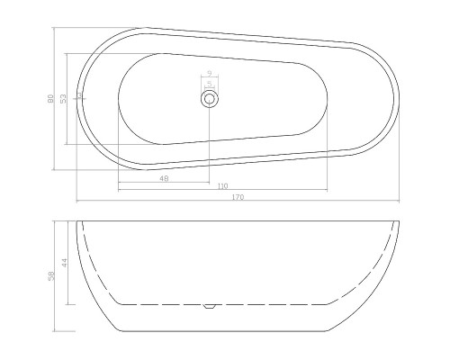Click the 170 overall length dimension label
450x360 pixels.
[x=238, y=196]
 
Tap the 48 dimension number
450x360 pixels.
[x=164, y=178]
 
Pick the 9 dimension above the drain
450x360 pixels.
[x=209, y=74]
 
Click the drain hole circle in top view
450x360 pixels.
[x=209, y=99]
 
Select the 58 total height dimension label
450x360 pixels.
[x=50, y=275]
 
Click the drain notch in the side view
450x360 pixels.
[x=210, y=306]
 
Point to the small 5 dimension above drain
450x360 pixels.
[x=209, y=84]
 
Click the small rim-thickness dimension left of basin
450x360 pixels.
[x=79, y=94]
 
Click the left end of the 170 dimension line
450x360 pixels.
[x=76, y=201]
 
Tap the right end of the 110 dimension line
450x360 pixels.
[x=326, y=189]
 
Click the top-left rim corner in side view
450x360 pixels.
[x=77, y=221]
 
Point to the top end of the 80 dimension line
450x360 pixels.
[x=55, y=27]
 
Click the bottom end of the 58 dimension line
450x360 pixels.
[x=55, y=330]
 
